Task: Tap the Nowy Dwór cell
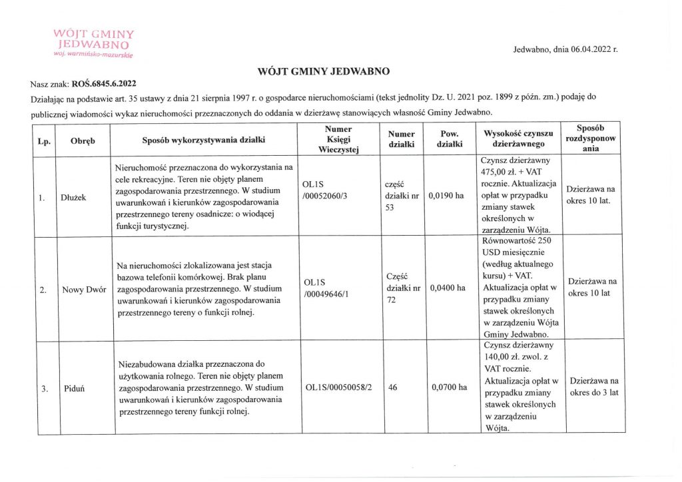(x=83, y=290)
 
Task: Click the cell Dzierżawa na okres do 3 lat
(x=591, y=387)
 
